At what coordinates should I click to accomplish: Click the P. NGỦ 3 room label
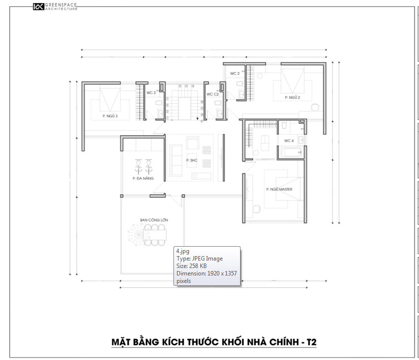(110, 116)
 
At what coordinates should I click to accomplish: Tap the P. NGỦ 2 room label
(292, 97)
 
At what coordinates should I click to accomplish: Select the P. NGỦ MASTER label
(279, 189)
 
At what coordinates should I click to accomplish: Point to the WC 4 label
(289, 141)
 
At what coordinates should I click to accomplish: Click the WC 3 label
(151, 93)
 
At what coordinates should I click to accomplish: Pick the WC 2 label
(235, 74)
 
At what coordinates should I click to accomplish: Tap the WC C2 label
(212, 94)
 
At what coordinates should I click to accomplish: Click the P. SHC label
(191, 160)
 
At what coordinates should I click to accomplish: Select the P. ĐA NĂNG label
(143, 179)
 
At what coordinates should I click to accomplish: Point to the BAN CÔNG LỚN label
(154, 220)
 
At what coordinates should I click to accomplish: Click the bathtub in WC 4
(291, 153)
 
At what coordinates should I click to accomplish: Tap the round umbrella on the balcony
(138, 235)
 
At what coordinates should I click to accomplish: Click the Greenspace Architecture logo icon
(38, 6)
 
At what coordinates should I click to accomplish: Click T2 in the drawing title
(311, 342)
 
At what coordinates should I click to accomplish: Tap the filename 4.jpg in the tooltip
(183, 251)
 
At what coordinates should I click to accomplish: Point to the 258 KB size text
(198, 266)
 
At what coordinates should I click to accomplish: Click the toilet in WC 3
(159, 103)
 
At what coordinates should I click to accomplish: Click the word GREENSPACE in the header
(61, 5)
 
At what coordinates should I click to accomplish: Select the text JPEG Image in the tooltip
(207, 259)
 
